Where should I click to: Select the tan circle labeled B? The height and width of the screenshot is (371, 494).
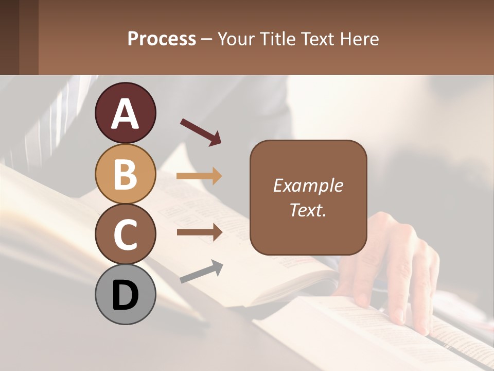125,174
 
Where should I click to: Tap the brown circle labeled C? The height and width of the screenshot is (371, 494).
125,234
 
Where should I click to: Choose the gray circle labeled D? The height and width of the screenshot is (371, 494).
125,294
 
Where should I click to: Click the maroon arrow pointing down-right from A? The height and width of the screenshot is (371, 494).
201,132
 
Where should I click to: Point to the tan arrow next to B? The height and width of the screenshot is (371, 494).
199,176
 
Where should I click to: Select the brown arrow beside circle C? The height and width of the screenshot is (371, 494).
199,232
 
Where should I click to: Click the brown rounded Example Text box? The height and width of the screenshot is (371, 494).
308,197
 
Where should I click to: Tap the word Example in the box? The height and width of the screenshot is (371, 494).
308,185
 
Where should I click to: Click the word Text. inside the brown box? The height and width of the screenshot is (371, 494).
308,210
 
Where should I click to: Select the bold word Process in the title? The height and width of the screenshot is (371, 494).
162,39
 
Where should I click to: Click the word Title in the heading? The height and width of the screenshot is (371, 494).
278,39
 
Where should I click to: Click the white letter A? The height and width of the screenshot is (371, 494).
125,114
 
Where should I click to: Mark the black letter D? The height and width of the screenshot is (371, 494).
125,295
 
